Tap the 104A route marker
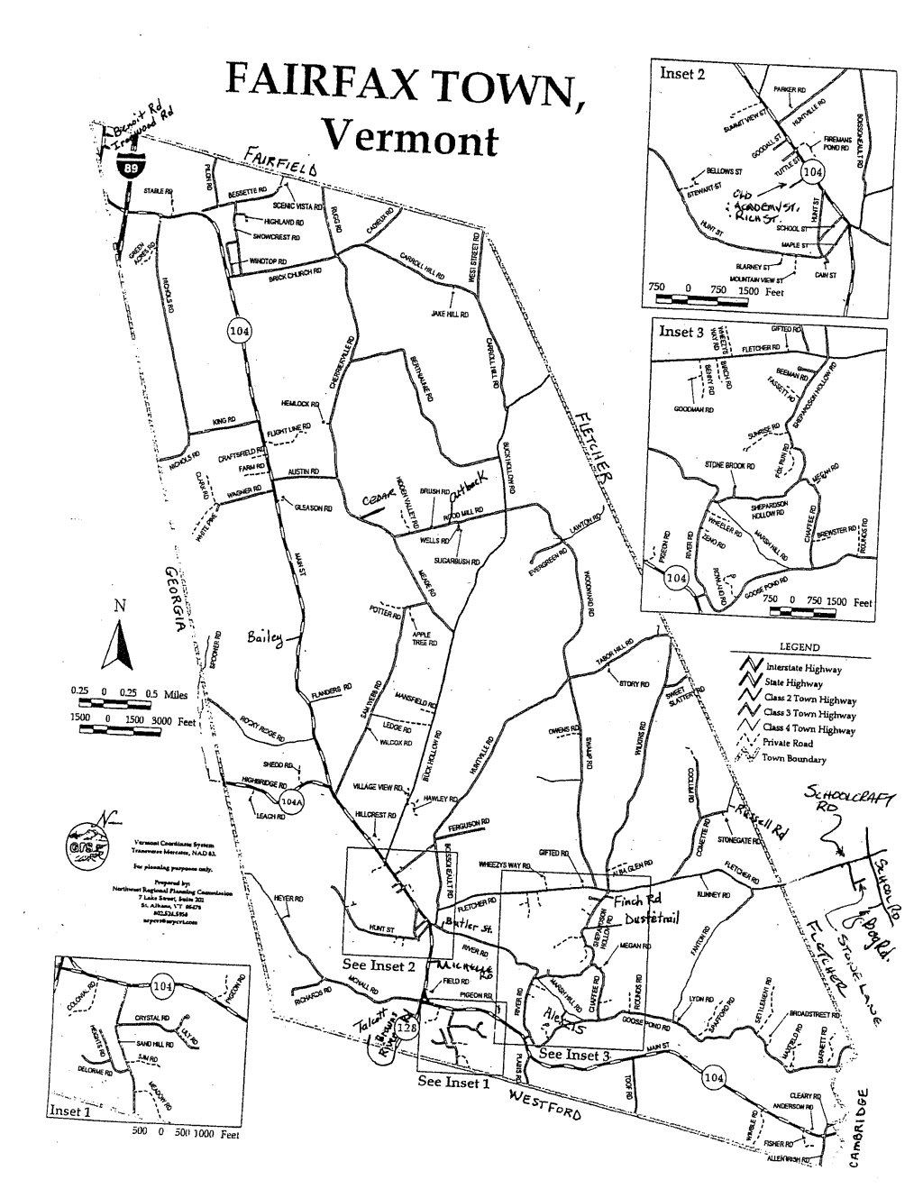(289, 800)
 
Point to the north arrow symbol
(114, 643)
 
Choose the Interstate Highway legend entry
(801, 670)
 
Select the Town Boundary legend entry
(793, 759)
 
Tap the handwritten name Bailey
(264, 639)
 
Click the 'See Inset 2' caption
(379, 964)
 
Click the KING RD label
(224, 420)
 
